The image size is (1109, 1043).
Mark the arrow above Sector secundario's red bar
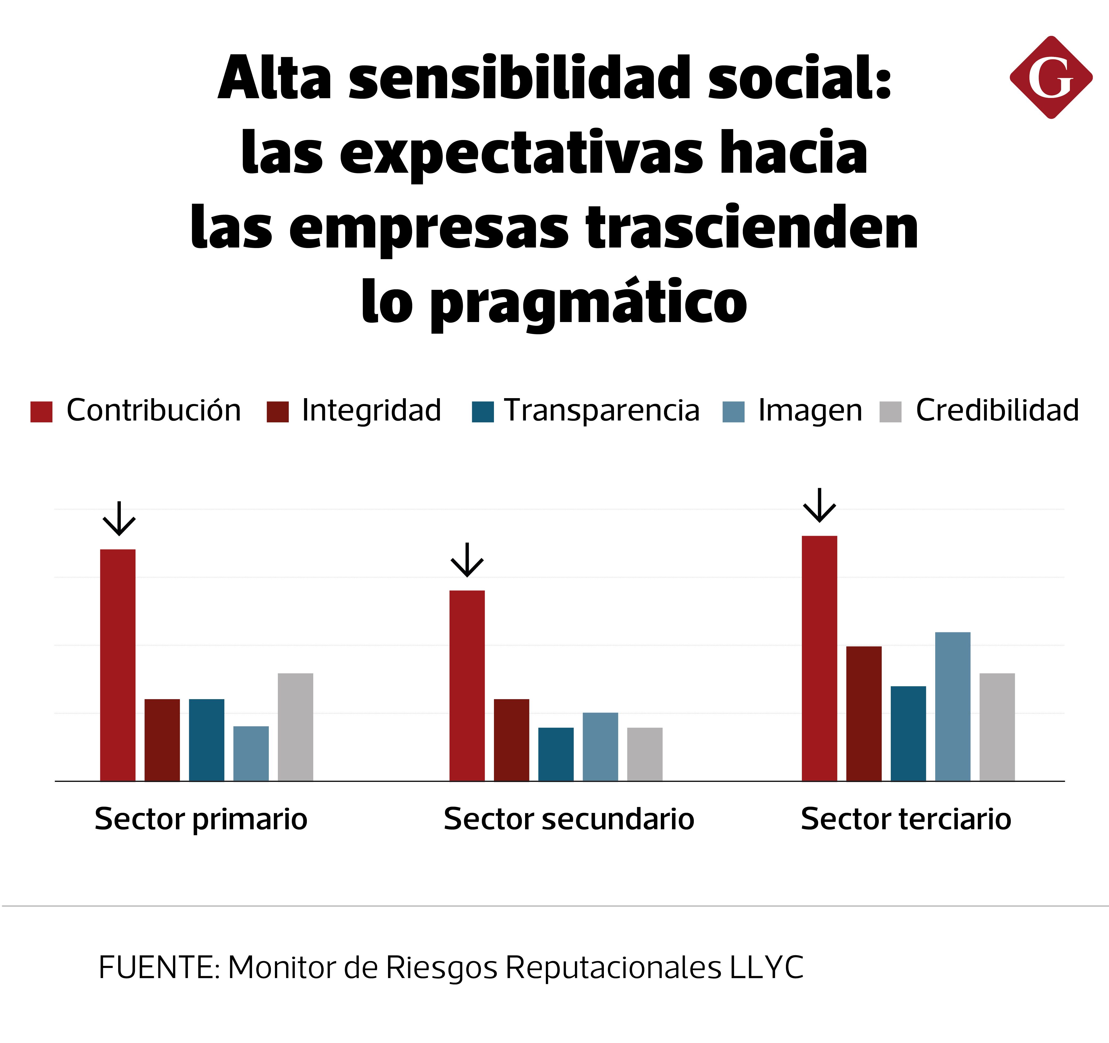point(467,559)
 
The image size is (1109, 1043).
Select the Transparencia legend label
point(601,410)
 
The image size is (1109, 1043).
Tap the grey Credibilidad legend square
point(890,412)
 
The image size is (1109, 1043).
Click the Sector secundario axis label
point(568,819)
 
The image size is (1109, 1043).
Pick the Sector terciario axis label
point(905,819)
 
